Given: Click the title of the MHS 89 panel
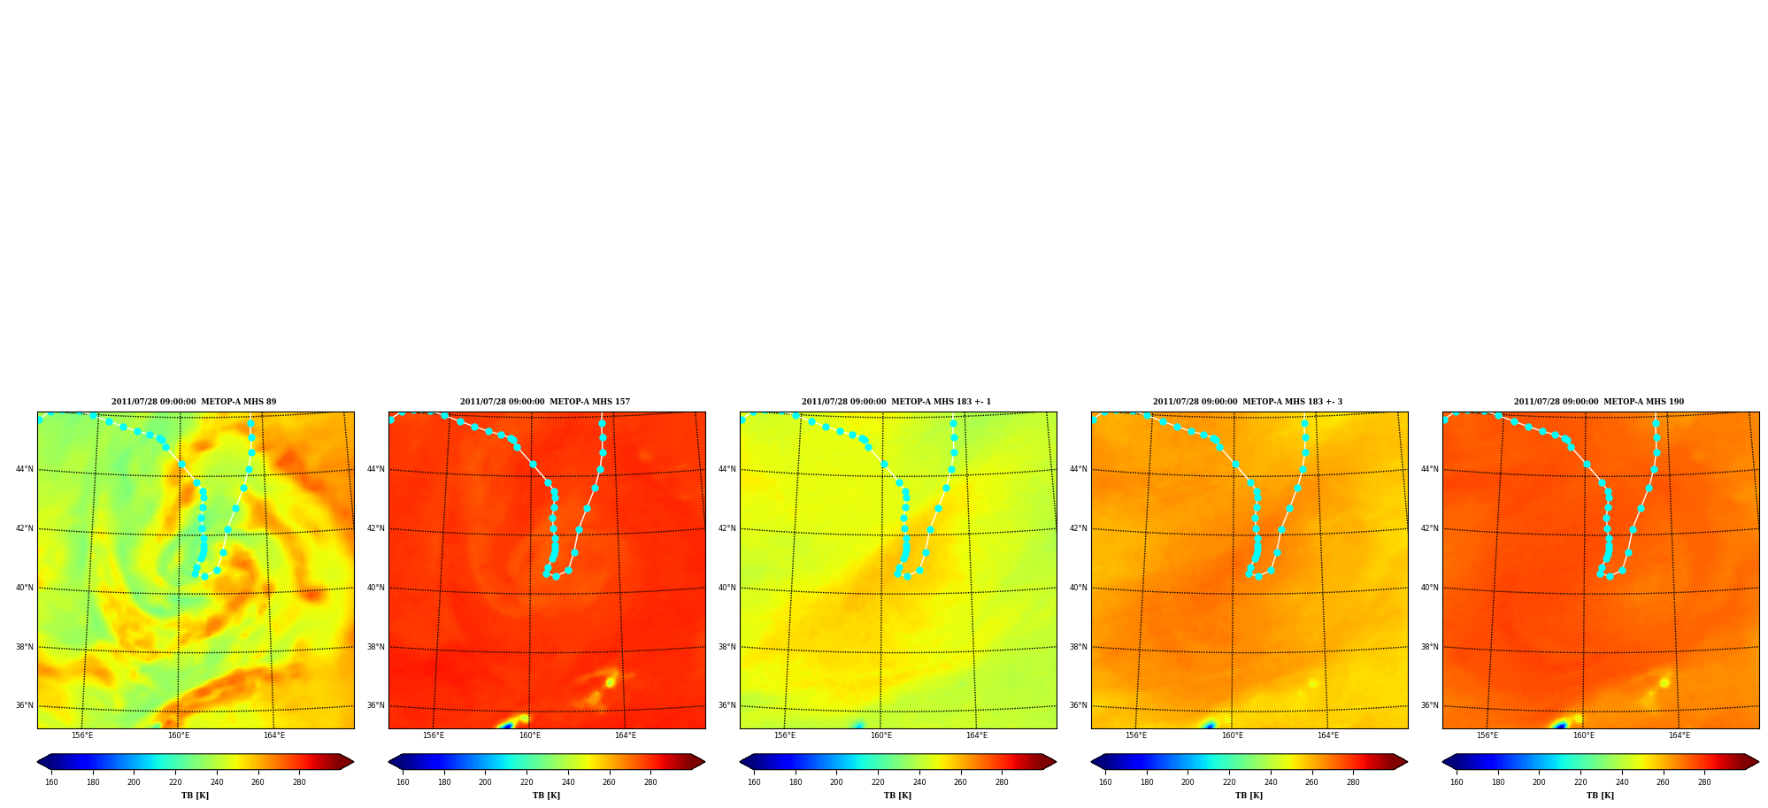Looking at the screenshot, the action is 194,402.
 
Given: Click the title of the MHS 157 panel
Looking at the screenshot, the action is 545,402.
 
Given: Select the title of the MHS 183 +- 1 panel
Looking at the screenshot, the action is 896,402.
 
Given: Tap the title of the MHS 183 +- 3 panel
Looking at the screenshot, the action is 1248,402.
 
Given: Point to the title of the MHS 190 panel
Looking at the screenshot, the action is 1599,402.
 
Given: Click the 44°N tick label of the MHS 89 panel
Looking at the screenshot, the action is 25,469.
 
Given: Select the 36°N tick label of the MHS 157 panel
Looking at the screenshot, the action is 376,705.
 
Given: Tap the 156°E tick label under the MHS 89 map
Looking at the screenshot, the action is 82,735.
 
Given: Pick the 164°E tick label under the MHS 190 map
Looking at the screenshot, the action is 1680,735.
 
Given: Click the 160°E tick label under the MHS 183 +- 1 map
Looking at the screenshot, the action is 881,735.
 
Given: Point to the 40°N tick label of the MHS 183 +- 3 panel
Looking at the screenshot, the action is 1079,588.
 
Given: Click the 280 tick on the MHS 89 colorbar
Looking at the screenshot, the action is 299,782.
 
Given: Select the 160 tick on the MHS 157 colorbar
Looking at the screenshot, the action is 403,782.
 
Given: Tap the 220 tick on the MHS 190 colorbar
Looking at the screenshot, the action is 1580,782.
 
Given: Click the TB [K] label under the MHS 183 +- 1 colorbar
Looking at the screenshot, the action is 898,796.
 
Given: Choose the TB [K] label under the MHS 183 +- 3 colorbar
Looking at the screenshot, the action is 1249,796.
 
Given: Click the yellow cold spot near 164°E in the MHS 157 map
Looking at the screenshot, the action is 610,681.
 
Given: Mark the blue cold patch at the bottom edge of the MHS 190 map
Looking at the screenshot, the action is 1561,725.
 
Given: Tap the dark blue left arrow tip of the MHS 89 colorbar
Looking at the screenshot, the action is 38,762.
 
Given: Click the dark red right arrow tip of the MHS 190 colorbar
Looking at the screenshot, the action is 1757,762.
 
